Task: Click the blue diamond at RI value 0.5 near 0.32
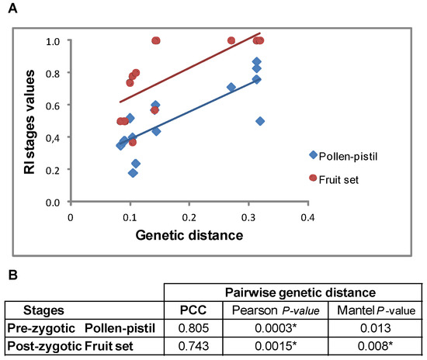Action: (260, 121)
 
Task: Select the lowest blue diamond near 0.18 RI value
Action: (133, 173)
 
